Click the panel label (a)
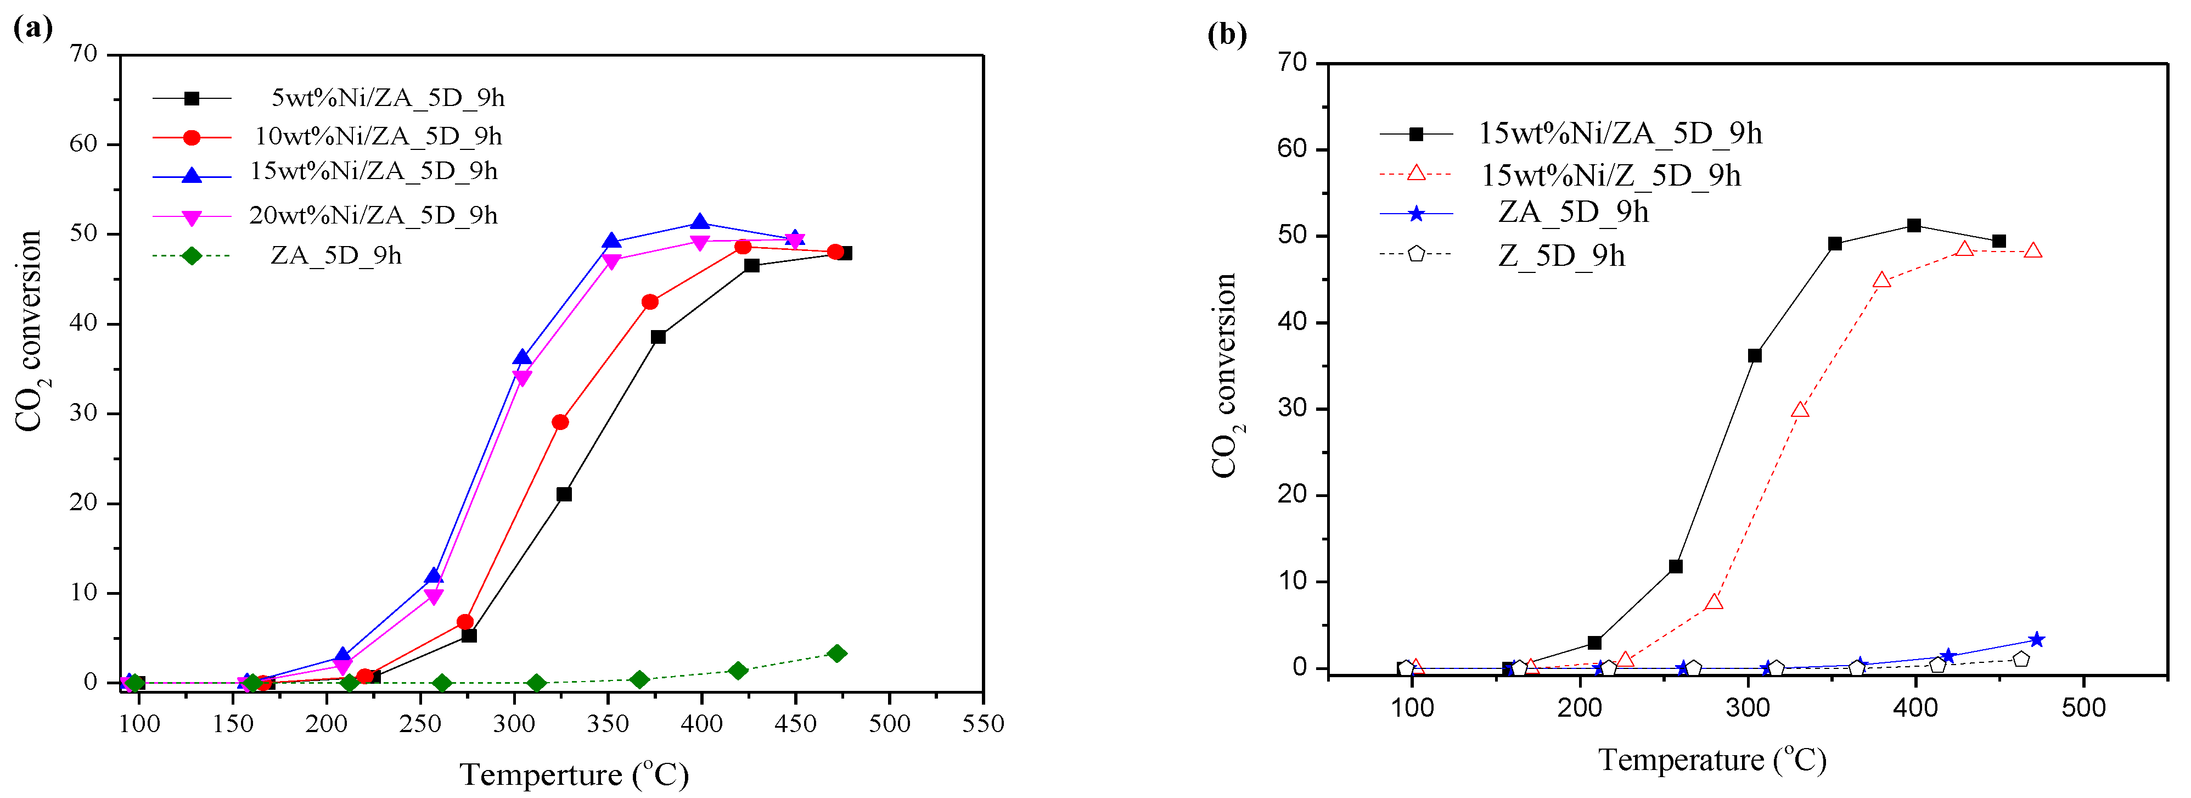[x=32, y=27]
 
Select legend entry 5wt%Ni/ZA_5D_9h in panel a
[x=387, y=98]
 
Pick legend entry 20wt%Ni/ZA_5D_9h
[x=373, y=215]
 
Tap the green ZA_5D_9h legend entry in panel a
[x=335, y=255]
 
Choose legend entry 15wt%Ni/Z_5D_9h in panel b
[x=1610, y=175]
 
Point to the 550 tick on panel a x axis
[x=982, y=724]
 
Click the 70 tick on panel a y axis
[x=84, y=54]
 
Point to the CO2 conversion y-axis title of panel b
[x=1225, y=375]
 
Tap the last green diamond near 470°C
[x=837, y=654]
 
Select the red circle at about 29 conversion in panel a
[x=560, y=422]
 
